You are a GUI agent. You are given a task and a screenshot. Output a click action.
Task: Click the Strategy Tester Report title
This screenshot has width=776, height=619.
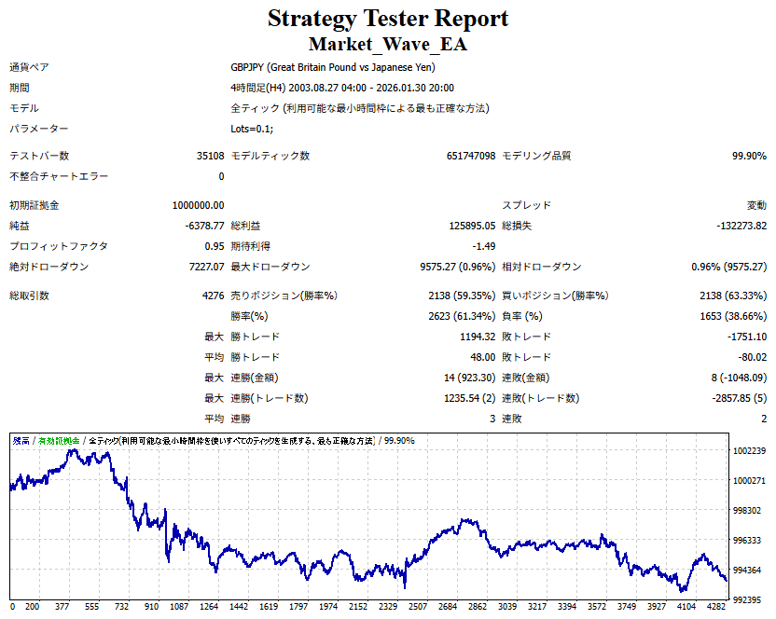(x=388, y=19)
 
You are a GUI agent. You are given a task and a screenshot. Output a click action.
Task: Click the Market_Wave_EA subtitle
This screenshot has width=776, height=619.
(x=388, y=44)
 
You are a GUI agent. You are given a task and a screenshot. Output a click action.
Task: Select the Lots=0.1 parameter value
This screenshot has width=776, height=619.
(x=252, y=129)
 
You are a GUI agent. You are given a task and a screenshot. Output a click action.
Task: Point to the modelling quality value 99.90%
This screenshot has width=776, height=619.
(x=749, y=157)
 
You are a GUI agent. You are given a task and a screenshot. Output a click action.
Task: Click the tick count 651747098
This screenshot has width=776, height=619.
(x=471, y=157)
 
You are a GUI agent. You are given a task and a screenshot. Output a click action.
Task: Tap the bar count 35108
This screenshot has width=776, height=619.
(x=210, y=157)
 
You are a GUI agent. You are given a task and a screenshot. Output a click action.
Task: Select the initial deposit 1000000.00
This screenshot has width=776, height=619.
(x=198, y=205)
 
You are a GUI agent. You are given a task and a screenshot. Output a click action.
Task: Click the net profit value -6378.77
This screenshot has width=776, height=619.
(x=204, y=226)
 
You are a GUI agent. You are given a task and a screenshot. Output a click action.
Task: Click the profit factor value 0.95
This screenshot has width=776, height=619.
(x=214, y=246)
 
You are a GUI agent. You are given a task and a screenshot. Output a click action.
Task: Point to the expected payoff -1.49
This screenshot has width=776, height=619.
(x=483, y=246)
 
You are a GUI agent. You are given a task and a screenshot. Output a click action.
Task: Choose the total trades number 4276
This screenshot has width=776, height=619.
(x=210, y=296)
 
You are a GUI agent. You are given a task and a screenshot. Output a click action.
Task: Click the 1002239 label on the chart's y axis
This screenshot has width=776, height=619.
(x=750, y=451)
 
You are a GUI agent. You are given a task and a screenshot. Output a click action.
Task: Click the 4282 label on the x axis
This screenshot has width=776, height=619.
(x=715, y=606)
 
